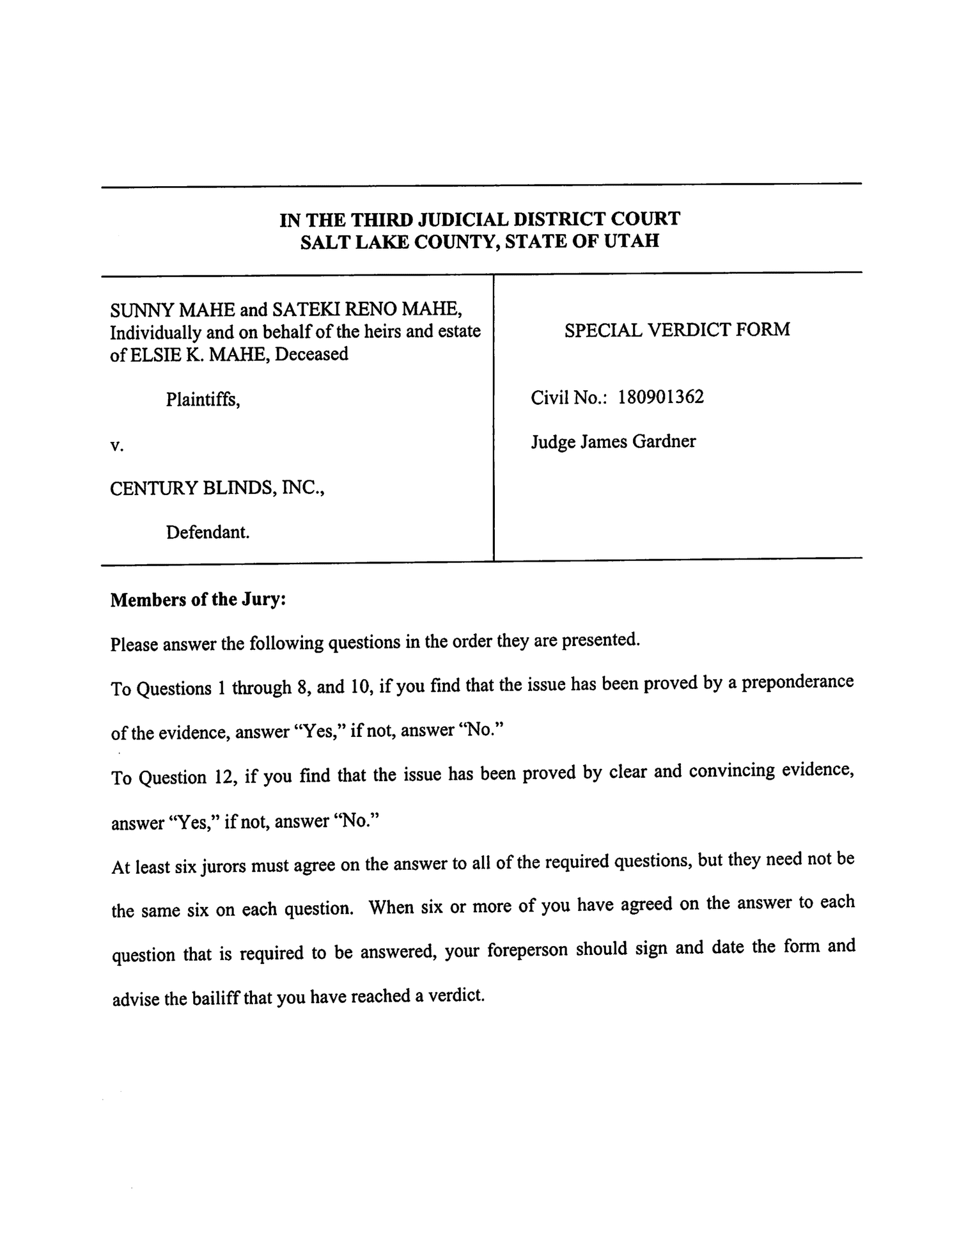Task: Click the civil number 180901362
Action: pos(660,397)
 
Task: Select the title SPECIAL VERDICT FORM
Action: pos(677,330)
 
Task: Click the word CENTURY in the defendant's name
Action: pos(153,489)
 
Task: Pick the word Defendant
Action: pos(208,532)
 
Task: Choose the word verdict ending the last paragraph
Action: pos(457,995)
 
